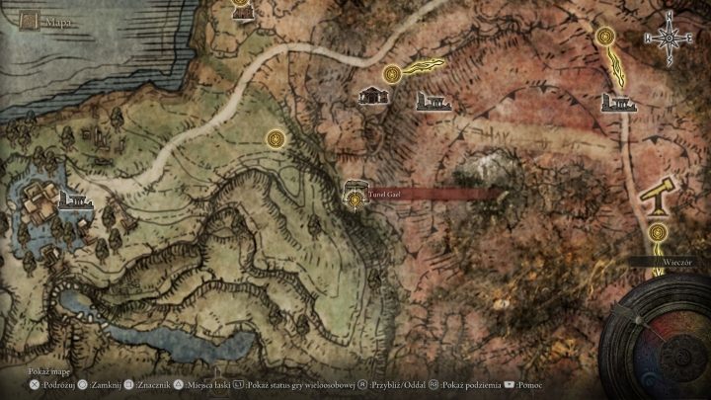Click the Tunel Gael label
[x=383, y=194]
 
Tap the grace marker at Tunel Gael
[x=354, y=199]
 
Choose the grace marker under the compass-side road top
[x=605, y=37]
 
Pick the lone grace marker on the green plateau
[x=273, y=139]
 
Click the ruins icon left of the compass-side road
[x=617, y=102]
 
